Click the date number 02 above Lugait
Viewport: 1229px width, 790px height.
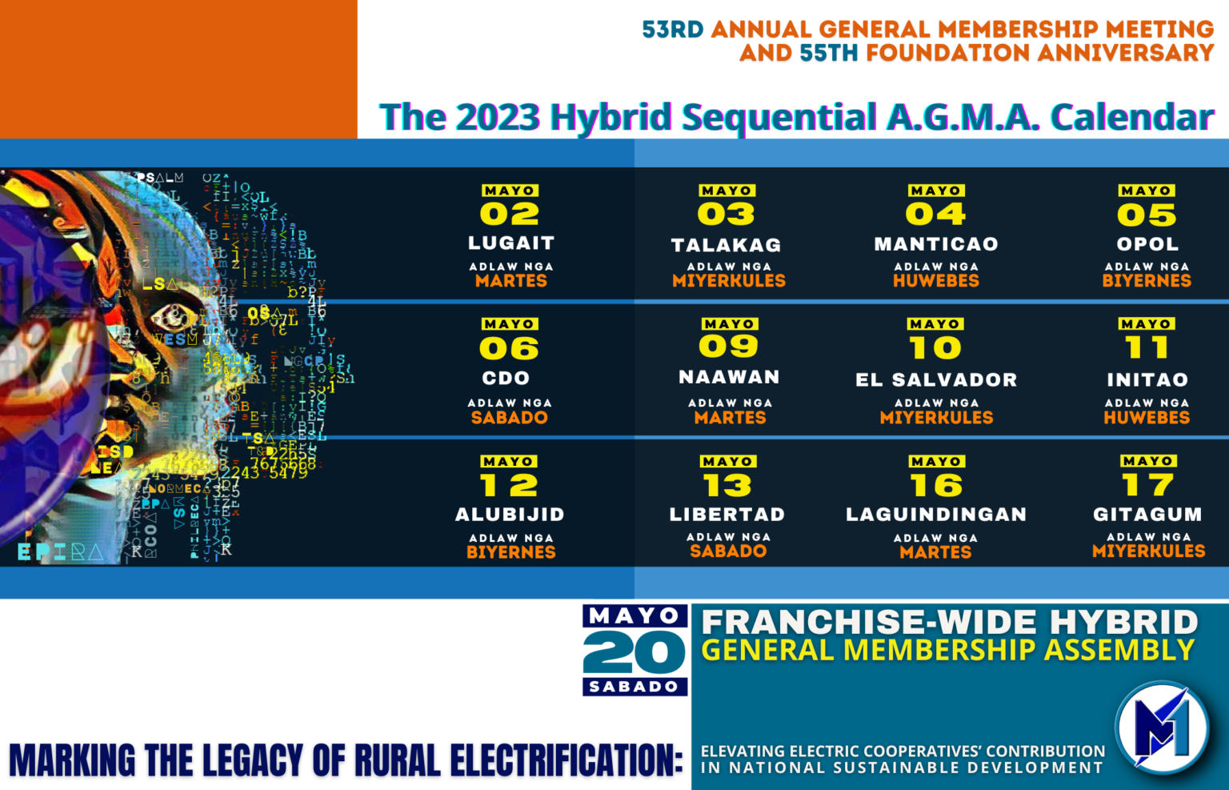point(509,215)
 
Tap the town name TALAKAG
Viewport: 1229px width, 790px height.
point(726,245)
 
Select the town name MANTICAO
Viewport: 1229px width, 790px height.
point(936,244)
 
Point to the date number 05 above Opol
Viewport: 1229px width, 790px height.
point(1147,215)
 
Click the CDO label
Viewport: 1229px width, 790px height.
point(506,378)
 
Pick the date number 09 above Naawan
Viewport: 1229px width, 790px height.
point(728,347)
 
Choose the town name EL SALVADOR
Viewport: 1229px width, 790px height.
point(936,380)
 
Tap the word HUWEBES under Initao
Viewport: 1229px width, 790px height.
point(1147,418)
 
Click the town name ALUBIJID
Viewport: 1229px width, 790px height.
point(510,515)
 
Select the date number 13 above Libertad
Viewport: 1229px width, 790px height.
point(727,485)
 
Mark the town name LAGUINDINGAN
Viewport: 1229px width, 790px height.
point(936,515)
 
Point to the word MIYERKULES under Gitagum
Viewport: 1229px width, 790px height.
point(1148,551)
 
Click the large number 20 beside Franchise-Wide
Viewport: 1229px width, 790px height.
point(635,652)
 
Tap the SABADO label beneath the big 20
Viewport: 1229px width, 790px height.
point(634,687)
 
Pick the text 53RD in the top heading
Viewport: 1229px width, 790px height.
point(672,30)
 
